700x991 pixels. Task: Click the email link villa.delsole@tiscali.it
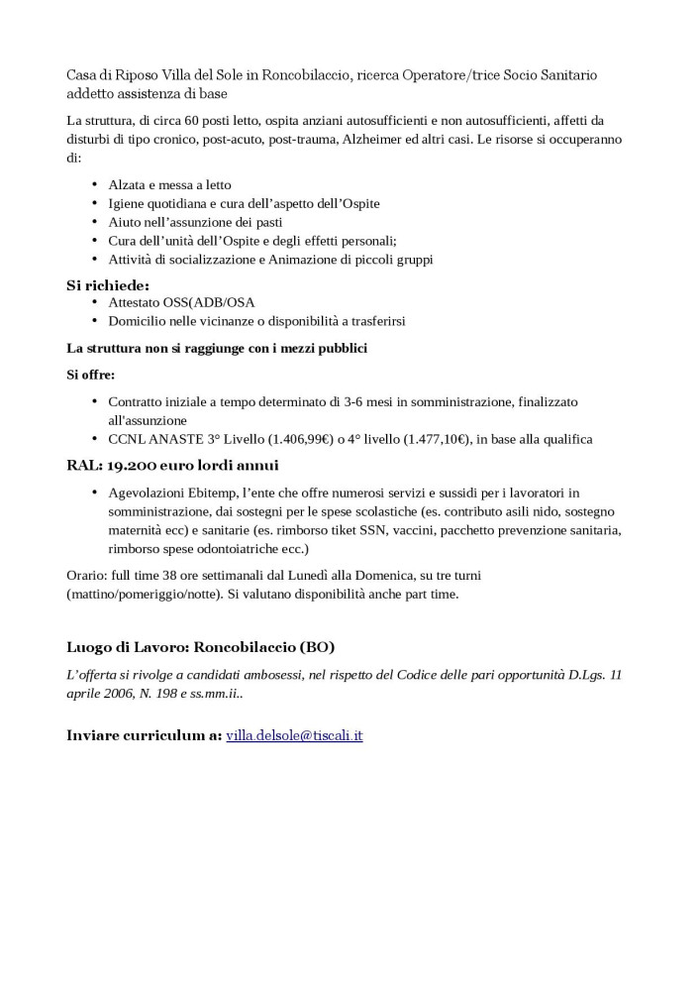tap(294, 736)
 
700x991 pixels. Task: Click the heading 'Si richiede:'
tap(107, 285)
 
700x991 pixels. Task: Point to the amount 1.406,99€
tap(289, 439)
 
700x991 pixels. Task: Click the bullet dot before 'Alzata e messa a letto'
tap(94, 185)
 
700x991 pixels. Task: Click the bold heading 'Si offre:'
tap(91, 375)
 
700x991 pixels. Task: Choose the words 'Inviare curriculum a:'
tap(144, 736)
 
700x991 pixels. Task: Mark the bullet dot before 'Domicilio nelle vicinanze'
tap(94, 321)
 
